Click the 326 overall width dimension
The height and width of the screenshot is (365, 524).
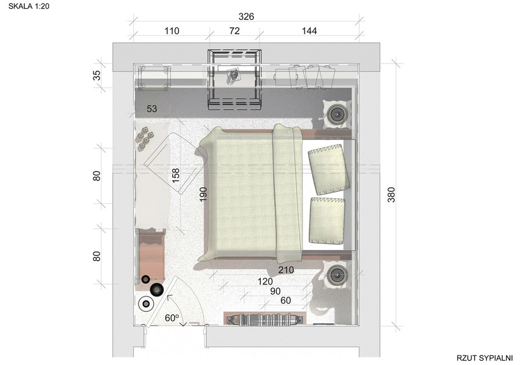[x=247, y=17]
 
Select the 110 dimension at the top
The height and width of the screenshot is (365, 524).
[x=172, y=31]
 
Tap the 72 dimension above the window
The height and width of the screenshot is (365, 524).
[x=235, y=31]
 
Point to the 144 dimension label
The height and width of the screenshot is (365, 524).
[x=309, y=31]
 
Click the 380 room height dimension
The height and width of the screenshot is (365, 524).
[x=391, y=195]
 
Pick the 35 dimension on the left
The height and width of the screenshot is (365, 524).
[x=97, y=75]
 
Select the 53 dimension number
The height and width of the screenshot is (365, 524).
[x=152, y=109]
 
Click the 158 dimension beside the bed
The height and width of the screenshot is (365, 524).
[x=176, y=175]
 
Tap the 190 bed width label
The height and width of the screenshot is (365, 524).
[x=203, y=194]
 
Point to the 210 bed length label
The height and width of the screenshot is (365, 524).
[x=286, y=270]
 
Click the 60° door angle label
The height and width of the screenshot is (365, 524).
[x=172, y=318]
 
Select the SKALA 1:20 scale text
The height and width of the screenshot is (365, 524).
[x=29, y=6]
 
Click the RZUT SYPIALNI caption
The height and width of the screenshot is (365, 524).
[x=485, y=358]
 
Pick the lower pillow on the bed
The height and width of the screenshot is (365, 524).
[x=327, y=220]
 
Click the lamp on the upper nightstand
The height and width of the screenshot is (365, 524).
[x=337, y=114]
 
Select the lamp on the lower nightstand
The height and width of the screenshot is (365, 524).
[x=337, y=275]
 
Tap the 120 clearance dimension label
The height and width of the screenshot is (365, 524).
[x=265, y=282]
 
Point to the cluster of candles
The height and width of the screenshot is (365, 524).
[x=145, y=138]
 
